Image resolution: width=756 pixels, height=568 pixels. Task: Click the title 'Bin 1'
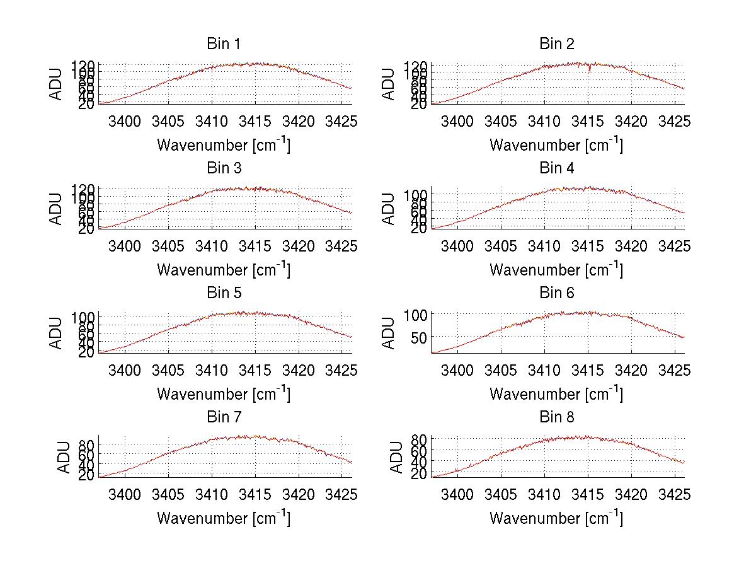[223, 44]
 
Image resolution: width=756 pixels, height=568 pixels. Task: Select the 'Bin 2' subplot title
[556, 44]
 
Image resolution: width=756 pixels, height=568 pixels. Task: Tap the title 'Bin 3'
[223, 168]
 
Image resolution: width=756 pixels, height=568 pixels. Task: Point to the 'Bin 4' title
[556, 168]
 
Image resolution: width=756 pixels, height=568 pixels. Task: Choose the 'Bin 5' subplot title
[223, 293]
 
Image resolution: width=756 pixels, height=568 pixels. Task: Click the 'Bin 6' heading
[556, 293]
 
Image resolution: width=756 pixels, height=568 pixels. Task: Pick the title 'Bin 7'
[223, 417]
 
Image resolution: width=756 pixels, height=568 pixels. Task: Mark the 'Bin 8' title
[556, 417]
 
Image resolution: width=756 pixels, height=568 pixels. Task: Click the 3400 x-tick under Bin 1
[125, 120]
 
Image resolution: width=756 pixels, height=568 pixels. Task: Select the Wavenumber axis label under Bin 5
[223, 393]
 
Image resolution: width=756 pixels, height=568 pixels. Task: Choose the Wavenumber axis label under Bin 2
[556, 144]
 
